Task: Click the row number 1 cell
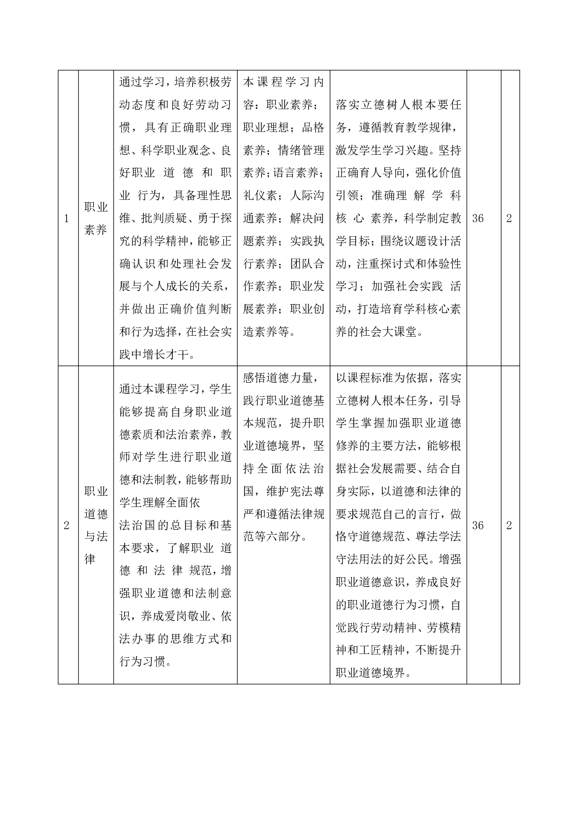[x=67, y=218]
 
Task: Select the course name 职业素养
[x=96, y=218]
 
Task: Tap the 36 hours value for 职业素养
[x=478, y=218]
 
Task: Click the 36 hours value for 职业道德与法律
[x=478, y=525]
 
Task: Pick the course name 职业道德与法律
[x=96, y=525]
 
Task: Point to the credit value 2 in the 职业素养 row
[x=509, y=218]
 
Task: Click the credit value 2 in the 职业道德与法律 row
[x=509, y=525]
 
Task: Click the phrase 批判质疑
[x=164, y=219]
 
